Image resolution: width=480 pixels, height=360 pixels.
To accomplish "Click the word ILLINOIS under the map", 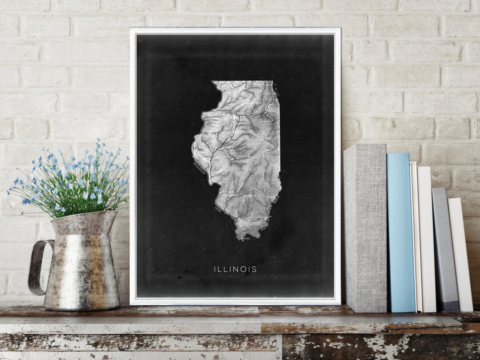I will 235,269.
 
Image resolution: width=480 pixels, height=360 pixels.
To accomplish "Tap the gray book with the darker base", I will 444,249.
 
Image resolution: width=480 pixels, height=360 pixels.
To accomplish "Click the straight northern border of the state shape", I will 242,81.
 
